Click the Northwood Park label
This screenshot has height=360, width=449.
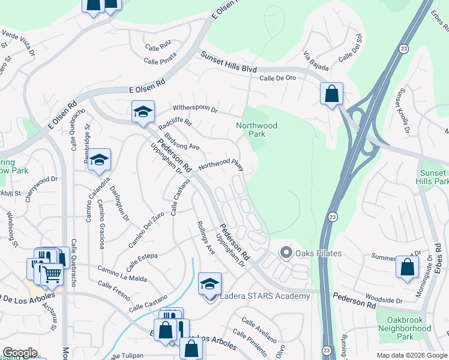(x=256, y=130)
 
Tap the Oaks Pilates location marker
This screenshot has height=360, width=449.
(x=286, y=253)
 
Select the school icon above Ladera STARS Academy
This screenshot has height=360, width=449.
(x=209, y=284)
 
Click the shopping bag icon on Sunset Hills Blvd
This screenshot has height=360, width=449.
(x=331, y=94)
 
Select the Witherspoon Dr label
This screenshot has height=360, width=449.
(x=194, y=110)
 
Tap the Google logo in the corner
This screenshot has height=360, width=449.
(x=20, y=353)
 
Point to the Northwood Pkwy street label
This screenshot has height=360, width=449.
(x=221, y=164)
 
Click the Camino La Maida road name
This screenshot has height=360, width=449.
(x=122, y=275)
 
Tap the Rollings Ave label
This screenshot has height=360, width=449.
(x=205, y=237)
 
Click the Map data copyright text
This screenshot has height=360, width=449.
(x=411, y=355)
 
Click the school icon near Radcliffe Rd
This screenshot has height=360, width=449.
(x=143, y=112)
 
